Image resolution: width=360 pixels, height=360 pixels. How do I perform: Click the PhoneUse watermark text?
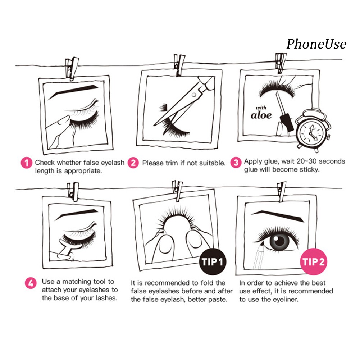(316, 44)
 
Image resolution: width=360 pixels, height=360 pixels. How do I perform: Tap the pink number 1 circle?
(26, 163)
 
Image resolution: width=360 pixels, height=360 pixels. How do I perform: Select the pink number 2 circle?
(133, 163)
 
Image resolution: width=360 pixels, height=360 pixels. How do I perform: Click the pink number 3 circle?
(236, 162)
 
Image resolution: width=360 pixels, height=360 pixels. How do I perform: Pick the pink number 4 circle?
(31, 283)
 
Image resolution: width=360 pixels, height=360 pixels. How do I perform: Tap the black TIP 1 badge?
(213, 261)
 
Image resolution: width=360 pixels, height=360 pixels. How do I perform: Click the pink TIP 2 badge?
(314, 261)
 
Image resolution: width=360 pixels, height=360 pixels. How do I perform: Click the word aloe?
(261, 115)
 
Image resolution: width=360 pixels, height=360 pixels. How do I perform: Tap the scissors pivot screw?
(194, 95)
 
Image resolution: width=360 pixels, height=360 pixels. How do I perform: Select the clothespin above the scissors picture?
(179, 65)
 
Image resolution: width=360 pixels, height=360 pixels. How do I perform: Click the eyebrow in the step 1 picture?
(73, 91)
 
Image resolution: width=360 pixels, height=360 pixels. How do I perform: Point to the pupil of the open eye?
(279, 241)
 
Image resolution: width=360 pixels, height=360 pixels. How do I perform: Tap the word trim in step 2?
(172, 163)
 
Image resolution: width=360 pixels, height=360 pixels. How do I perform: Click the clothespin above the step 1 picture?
(72, 69)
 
